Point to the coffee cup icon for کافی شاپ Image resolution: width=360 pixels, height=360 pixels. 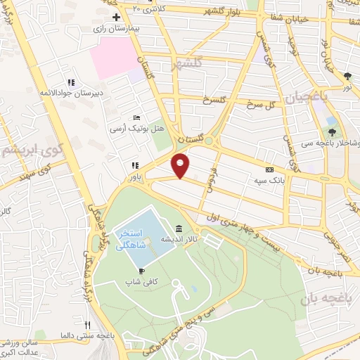141,270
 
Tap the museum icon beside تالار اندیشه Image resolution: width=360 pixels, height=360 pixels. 179,229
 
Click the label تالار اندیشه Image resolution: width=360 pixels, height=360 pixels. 179,240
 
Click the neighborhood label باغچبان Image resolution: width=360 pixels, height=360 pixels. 308,96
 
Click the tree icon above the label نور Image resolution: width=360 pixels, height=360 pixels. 347,75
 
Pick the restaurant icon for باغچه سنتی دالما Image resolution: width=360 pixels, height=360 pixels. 87,325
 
